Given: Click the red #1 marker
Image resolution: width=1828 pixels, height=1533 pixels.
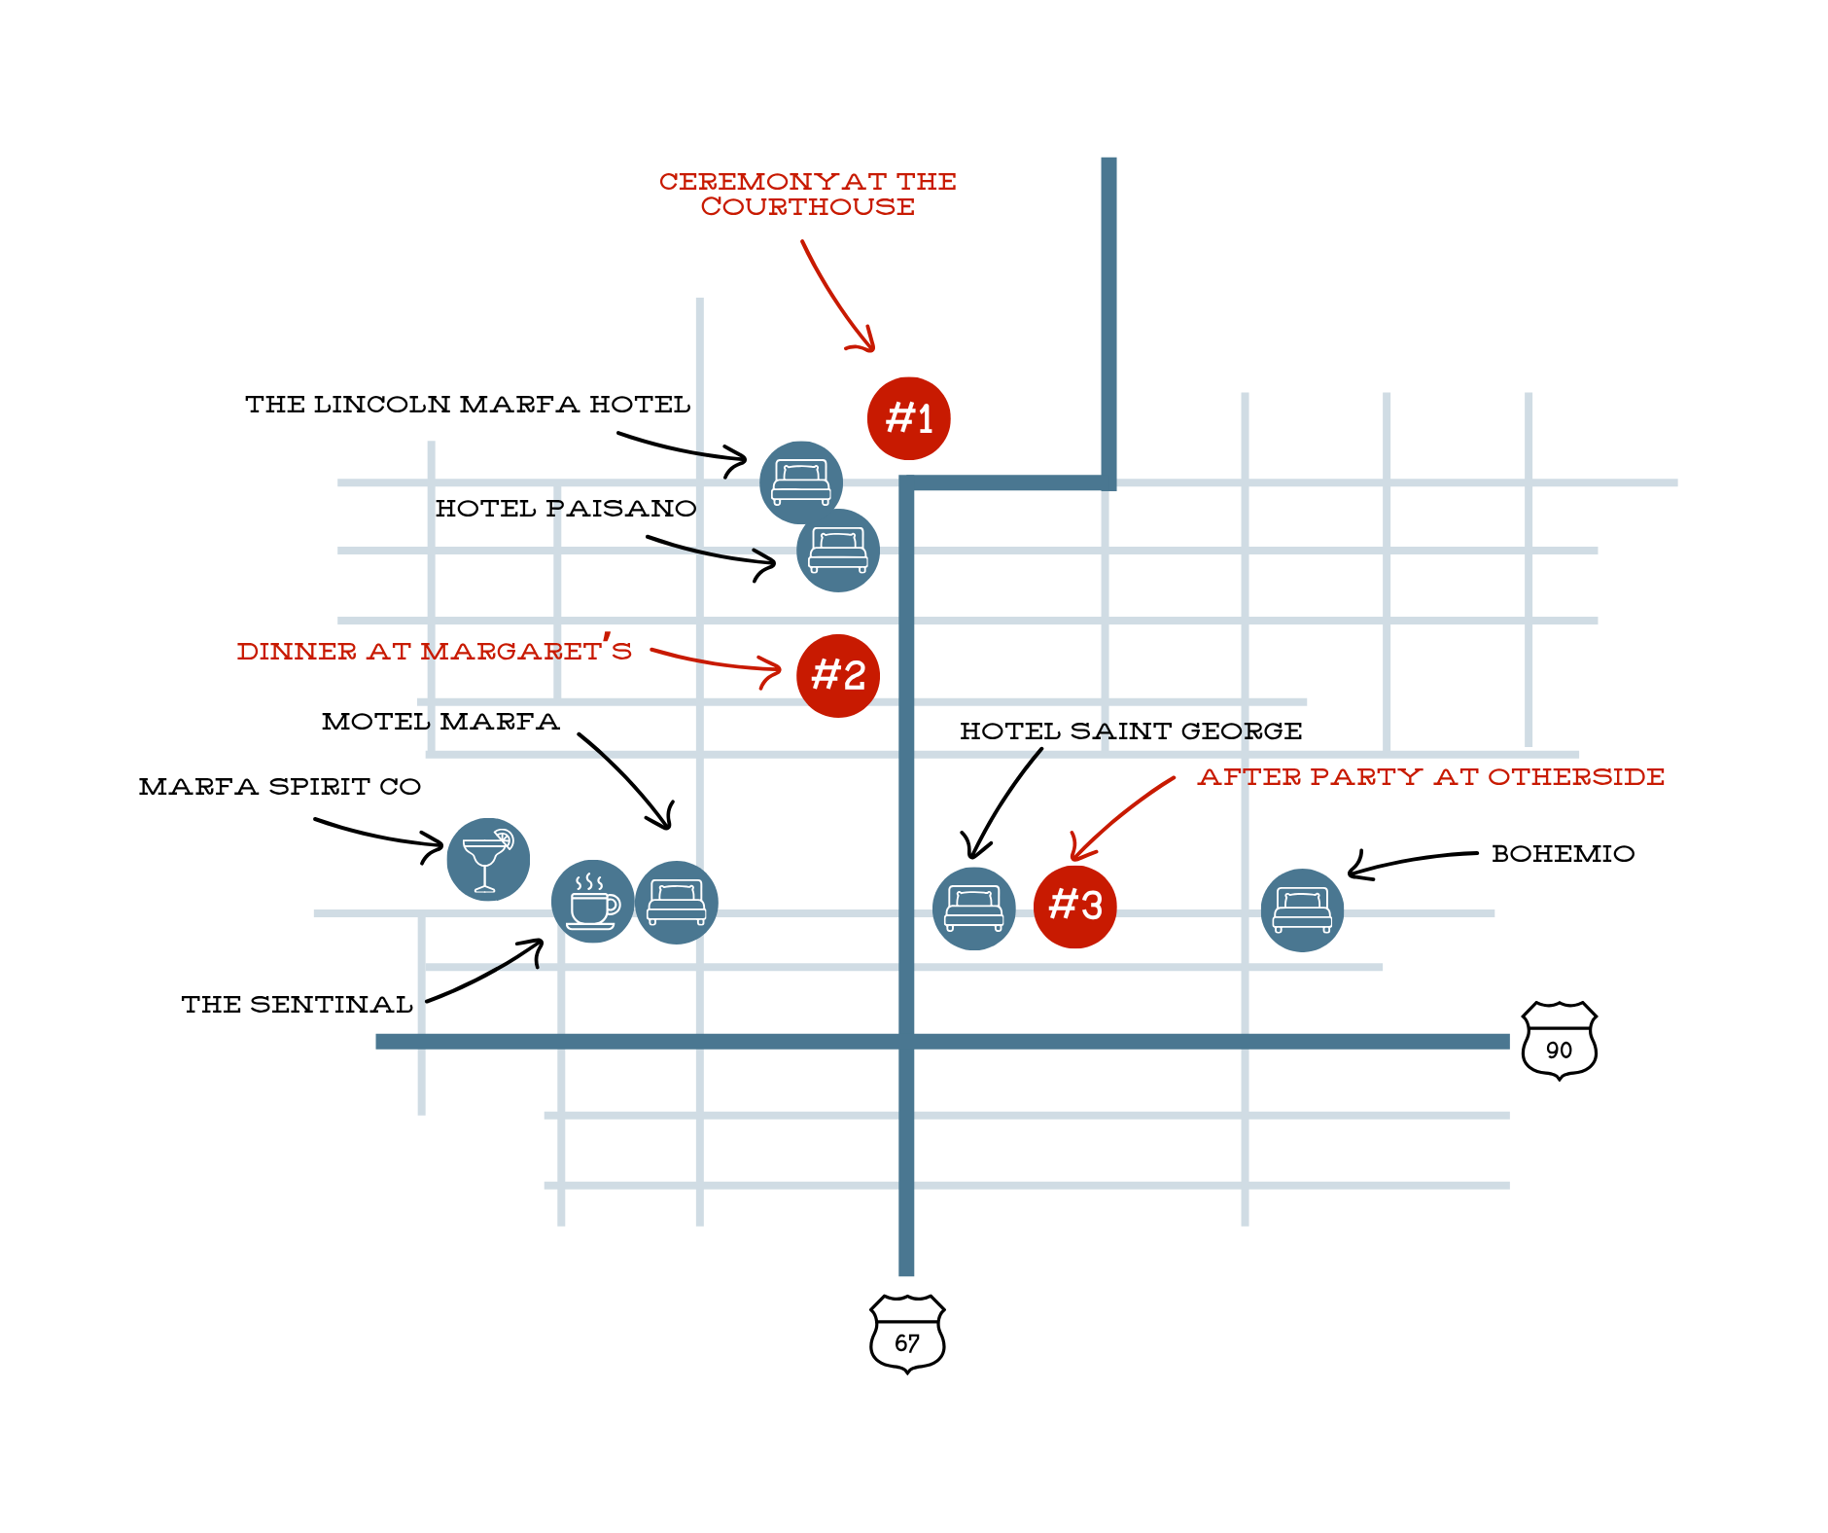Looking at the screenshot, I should pyautogui.click(x=908, y=418).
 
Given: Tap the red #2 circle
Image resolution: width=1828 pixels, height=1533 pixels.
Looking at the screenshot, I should pyautogui.click(x=837, y=676).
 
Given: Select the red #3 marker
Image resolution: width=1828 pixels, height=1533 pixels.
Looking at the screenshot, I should pyautogui.click(x=1074, y=907).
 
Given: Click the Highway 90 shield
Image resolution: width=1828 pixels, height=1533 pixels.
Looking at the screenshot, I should pyautogui.click(x=1559, y=1041).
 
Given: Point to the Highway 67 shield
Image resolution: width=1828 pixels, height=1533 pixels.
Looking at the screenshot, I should pyautogui.click(x=907, y=1334).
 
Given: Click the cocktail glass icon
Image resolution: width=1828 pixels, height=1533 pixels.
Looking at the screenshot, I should pyautogui.click(x=488, y=859).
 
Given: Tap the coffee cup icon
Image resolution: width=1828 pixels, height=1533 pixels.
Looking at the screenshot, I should pyautogui.click(x=592, y=902).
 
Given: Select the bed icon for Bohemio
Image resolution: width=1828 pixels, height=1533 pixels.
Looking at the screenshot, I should pyautogui.click(x=1302, y=909).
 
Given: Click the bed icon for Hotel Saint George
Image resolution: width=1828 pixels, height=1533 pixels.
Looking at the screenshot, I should pyautogui.click(x=973, y=909).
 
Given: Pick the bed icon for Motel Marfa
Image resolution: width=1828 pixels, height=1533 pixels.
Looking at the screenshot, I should pyautogui.click(x=677, y=903).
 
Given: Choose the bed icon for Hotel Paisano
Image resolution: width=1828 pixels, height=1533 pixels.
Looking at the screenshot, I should pyautogui.click(x=838, y=551).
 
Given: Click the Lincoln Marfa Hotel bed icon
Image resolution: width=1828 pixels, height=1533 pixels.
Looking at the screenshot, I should pyautogui.click(x=800, y=481).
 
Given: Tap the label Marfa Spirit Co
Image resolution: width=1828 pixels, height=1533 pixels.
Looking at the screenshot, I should pyautogui.click(x=280, y=787).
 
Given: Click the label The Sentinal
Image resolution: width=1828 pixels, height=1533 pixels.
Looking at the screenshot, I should pyautogui.click(x=297, y=1005).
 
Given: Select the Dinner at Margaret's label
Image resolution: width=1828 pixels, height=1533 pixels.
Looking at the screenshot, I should pyautogui.click(x=434, y=651).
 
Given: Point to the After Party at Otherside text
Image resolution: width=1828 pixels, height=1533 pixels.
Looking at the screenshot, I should pyautogui.click(x=1430, y=777).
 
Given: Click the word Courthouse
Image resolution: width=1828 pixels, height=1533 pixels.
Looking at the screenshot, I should pyautogui.click(x=807, y=207).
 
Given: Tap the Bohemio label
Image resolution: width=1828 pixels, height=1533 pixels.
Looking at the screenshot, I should pyautogui.click(x=1563, y=854).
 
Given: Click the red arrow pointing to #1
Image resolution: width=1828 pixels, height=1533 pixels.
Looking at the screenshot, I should pyautogui.click(x=836, y=297).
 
